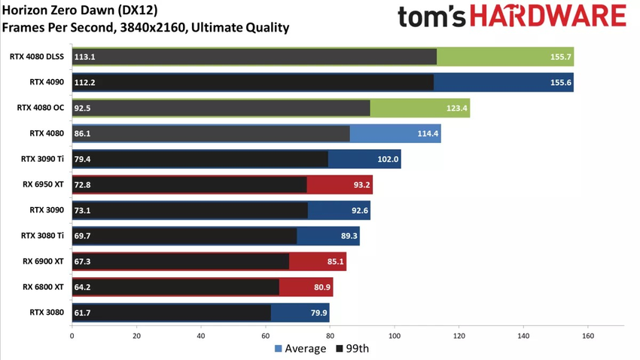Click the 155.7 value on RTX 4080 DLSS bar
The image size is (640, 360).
coord(561,56)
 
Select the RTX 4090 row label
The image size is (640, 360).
coord(47,82)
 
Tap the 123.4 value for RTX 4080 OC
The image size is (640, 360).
coord(457,108)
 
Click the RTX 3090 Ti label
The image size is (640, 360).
coord(43,160)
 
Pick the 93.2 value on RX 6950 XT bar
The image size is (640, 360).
coord(360,185)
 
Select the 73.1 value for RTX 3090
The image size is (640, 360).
coord(83,211)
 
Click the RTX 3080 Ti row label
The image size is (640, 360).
coord(43,236)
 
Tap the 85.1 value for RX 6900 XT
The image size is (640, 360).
coord(334,262)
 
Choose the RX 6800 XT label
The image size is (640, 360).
coord(43,287)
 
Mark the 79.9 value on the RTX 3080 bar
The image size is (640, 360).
coord(317,313)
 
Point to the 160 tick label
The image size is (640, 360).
coord(588,336)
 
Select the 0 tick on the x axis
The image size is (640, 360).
coord(72,336)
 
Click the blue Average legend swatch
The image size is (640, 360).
coord(279,349)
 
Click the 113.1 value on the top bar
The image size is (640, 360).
coord(84,56)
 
